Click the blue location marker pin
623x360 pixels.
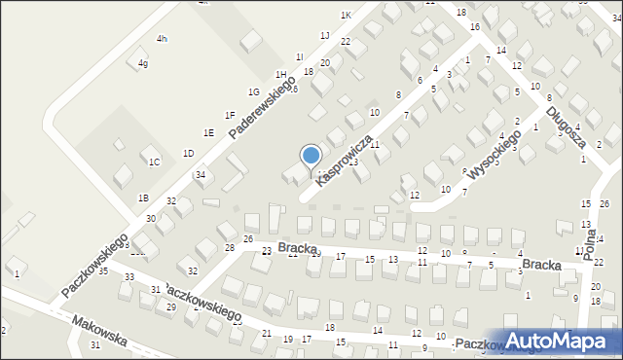pyautogui.click(x=311, y=156)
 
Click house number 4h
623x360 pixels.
pyautogui.click(x=162, y=38)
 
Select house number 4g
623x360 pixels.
pyautogui.click(x=143, y=63)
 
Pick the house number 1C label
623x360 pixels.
pyautogui.click(x=154, y=162)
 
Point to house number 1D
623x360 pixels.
pyautogui.click(x=188, y=153)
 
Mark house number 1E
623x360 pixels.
pyautogui.click(x=208, y=132)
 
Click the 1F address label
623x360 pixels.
pyautogui.click(x=230, y=115)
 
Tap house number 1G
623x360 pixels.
pyautogui.click(x=253, y=91)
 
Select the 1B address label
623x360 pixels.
pyautogui.click(x=143, y=198)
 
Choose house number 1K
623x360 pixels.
pyautogui.click(x=346, y=15)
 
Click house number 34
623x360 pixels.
pyautogui.click(x=200, y=175)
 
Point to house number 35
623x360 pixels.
pyautogui.click(x=103, y=270)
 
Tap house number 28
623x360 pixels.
pyautogui.click(x=230, y=248)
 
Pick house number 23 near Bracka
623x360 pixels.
pyautogui.click(x=266, y=251)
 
